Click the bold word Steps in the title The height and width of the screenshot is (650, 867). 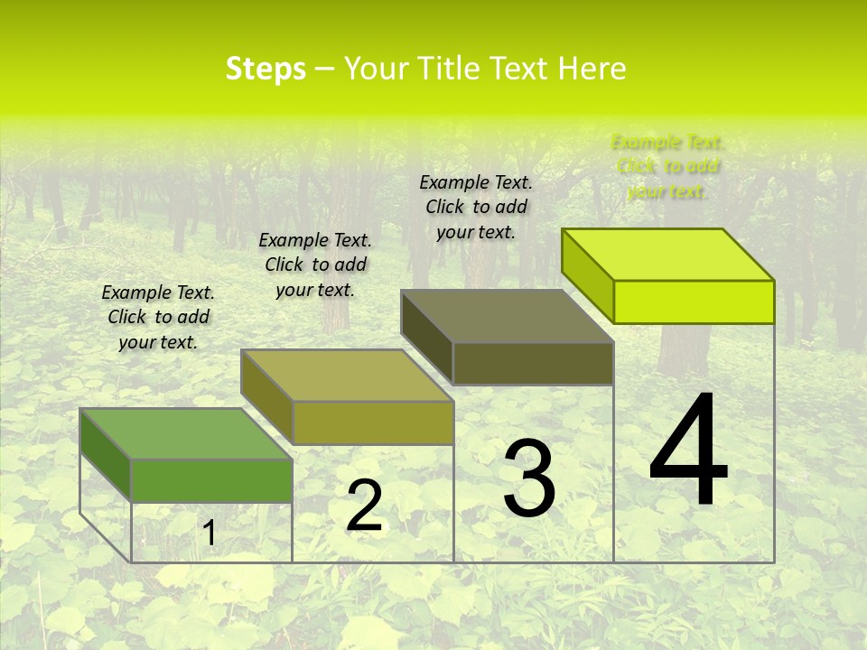[x=266, y=69]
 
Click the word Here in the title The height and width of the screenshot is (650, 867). [x=592, y=69]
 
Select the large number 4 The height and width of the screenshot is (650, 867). [x=688, y=451]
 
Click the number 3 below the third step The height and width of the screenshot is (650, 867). [x=529, y=478]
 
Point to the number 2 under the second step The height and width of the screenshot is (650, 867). [x=364, y=506]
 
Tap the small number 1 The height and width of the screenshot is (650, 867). [x=210, y=534]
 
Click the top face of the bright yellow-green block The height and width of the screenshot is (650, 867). [x=668, y=254]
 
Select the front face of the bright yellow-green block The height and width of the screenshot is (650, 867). [x=694, y=302]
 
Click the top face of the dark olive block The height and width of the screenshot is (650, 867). [x=508, y=316]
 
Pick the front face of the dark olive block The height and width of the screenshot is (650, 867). [x=533, y=364]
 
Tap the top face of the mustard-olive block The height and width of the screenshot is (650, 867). [x=347, y=376]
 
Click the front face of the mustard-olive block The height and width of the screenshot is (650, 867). [x=373, y=422]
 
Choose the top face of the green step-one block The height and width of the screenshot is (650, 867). [x=186, y=434]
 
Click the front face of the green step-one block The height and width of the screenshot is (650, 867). [x=211, y=480]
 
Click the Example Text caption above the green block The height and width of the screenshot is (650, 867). [x=158, y=317]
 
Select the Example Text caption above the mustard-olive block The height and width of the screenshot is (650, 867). [x=315, y=265]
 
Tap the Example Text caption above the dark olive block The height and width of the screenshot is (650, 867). [x=476, y=207]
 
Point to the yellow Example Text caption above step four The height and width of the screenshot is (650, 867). [x=667, y=166]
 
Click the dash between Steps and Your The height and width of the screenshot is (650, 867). [x=324, y=69]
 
